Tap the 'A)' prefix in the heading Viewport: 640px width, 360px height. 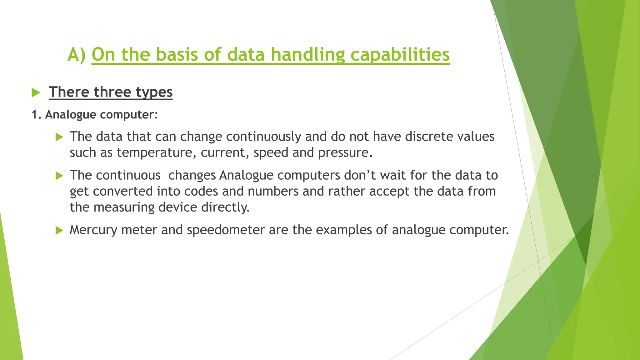(77, 55)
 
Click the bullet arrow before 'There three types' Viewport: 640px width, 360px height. (36, 92)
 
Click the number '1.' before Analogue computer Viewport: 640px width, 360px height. (36, 115)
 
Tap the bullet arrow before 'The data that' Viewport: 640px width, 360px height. (59, 137)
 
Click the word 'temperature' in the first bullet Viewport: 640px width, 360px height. (156, 152)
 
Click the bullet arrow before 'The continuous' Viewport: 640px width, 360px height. (59, 176)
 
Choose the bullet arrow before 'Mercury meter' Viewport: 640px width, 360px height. (59, 231)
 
